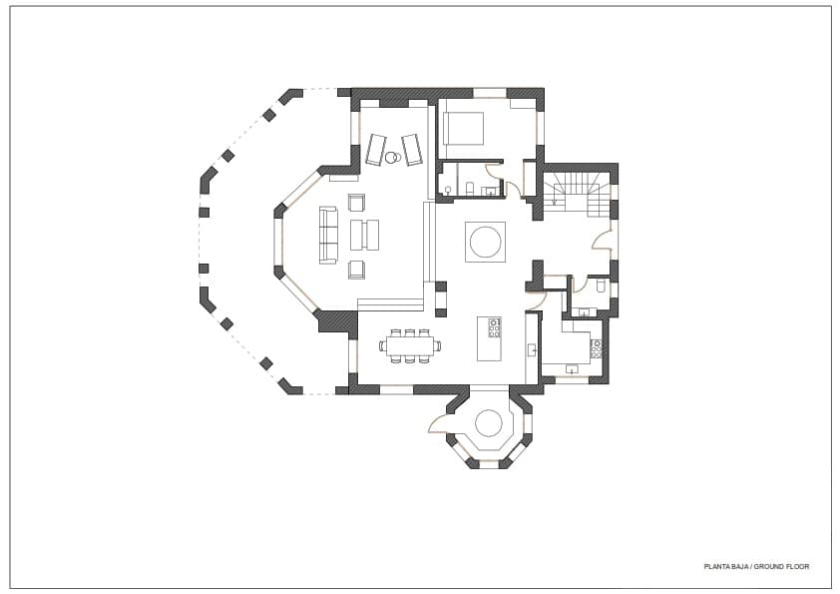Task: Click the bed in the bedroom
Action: click(464, 129)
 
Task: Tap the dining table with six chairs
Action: click(409, 346)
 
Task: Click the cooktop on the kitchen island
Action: click(494, 325)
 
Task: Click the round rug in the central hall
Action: click(485, 242)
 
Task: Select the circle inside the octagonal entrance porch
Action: click(488, 423)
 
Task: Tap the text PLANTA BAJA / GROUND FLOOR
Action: click(755, 566)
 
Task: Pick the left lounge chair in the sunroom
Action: click(376, 149)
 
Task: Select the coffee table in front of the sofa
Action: click(364, 235)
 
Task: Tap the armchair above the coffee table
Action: click(357, 202)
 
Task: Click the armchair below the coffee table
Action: click(357, 268)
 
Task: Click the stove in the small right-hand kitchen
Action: click(596, 348)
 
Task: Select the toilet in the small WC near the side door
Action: click(601, 286)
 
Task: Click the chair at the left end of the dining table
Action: click(382, 346)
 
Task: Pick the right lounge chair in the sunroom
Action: click(412, 149)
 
